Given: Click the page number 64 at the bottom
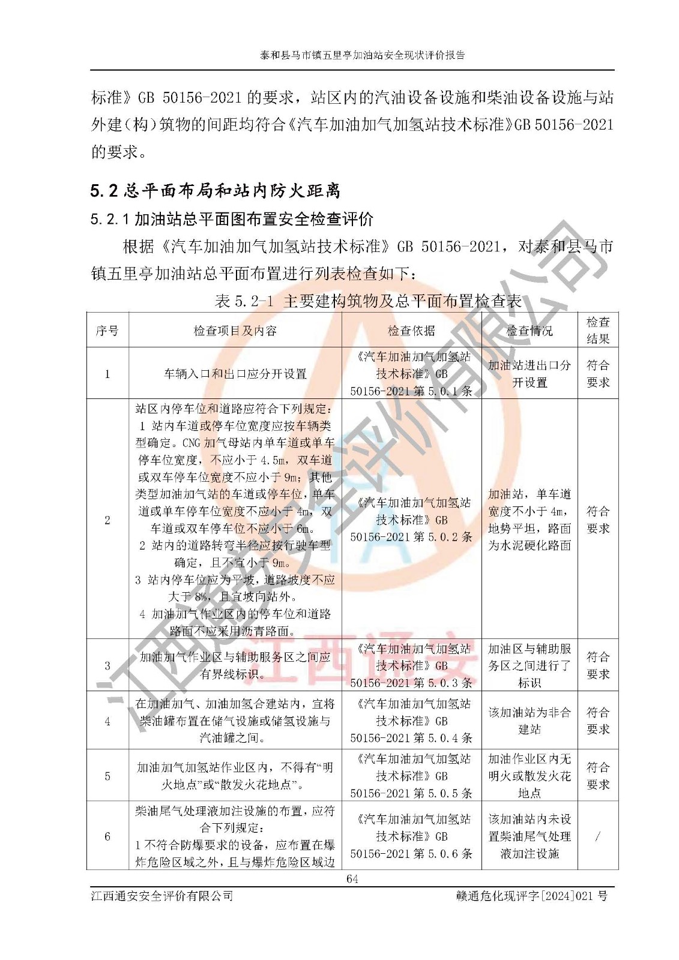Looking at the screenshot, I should click(x=352, y=879).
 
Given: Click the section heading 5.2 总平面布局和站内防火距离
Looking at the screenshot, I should click(x=216, y=191).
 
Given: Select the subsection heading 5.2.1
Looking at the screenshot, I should click(x=232, y=220).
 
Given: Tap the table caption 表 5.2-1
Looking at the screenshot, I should click(x=367, y=301).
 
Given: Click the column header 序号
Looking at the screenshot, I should click(x=107, y=331).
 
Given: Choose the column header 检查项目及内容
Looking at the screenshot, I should click(x=235, y=331).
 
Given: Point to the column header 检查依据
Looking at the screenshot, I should click(x=411, y=331).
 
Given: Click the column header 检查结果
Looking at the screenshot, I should click(x=597, y=330).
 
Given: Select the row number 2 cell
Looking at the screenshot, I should click(x=107, y=520).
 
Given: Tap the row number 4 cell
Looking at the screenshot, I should click(x=107, y=721).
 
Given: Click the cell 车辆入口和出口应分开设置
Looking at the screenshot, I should click(x=235, y=374).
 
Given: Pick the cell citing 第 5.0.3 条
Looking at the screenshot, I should click(x=411, y=665).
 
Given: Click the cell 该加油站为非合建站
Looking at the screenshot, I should click(x=529, y=721).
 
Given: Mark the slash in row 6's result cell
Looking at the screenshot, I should click(x=597, y=836).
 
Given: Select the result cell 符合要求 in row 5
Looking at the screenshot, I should click(x=597, y=776).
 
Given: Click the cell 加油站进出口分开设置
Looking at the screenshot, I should click(x=529, y=374).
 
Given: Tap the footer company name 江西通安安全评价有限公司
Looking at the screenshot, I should click(x=162, y=896).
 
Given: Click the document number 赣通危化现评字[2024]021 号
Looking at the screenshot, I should click(x=532, y=896).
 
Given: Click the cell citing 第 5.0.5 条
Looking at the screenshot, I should click(x=411, y=776).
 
